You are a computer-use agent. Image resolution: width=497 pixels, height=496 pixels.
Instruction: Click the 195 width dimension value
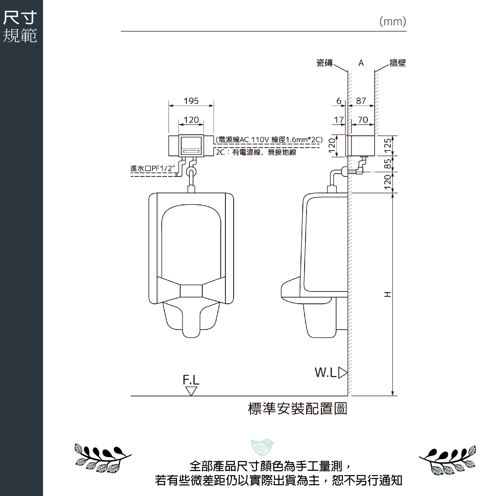[x=191, y=101]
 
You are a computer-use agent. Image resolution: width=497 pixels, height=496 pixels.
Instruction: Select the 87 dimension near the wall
[x=361, y=101]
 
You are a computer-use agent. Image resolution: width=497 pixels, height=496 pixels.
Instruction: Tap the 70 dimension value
[x=363, y=120]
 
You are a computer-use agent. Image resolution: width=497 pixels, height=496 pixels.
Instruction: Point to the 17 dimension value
[x=339, y=120]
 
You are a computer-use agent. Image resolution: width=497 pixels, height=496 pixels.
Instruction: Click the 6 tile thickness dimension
[x=339, y=101]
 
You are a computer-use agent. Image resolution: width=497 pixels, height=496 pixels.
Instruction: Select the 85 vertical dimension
[x=387, y=163]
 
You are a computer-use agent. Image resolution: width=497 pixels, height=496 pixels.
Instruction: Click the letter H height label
[x=387, y=294]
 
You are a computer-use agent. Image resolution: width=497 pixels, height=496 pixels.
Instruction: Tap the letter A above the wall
[x=361, y=63]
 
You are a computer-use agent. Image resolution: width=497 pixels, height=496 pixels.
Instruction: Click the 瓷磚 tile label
[x=324, y=63]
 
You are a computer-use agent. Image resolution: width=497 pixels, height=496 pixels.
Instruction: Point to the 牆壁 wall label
[x=398, y=63]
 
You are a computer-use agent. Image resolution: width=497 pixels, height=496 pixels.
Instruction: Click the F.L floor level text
[x=191, y=380]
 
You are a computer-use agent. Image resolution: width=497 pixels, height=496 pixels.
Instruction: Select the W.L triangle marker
[x=343, y=373]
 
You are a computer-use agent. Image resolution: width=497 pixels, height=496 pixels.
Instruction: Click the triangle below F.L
[x=191, y=391]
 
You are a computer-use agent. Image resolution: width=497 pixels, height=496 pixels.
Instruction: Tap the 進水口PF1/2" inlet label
[x=153, y=169]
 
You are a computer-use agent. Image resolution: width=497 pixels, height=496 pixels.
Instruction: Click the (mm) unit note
[x=393, y=22]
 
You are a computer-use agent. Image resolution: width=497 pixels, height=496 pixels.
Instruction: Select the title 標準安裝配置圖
[x=298, y=409]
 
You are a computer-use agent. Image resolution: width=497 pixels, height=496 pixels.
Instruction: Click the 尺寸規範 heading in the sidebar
[x=20, y=27]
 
